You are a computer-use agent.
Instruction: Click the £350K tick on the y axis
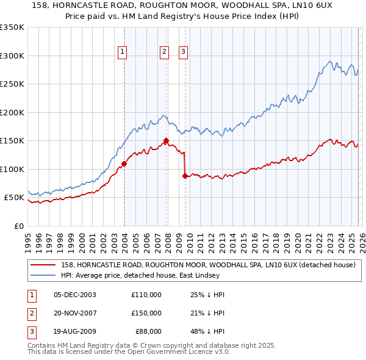(x=12, y=27)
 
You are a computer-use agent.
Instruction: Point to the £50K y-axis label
(x=13, y=198)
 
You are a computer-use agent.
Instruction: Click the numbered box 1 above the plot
(x=123, y=52)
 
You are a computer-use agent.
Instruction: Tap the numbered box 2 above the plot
(x=165, y=52)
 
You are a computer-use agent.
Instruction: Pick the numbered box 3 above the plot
(x=183, y=52)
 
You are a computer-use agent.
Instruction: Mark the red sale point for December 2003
(x=124, y=164)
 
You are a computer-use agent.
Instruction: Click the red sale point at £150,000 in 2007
(x=167, y=141)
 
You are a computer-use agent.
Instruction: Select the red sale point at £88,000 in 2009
(x=185, y=176)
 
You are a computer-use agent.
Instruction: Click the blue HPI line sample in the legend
(x=43, y=275)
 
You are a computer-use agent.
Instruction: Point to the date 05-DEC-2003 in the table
(x=74, y=295)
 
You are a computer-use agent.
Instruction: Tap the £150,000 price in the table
(x=146, y=313)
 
